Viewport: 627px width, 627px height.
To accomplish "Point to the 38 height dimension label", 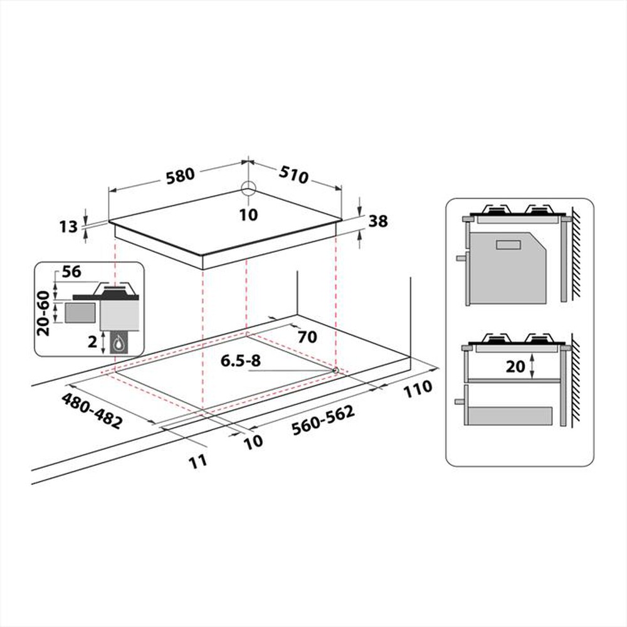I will click(379, 221).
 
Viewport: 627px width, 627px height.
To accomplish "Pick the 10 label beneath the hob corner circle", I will click(249, 215).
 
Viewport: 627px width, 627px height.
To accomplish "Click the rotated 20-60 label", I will click(43, 312).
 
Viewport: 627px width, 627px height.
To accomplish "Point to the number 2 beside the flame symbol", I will click(92, 342).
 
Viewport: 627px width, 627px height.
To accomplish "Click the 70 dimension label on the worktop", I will click(307, 337).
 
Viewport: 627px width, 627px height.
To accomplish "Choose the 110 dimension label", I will click(416, 388).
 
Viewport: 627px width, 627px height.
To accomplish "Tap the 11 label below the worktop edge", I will click(198, 461).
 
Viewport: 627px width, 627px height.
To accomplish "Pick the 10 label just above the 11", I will click(253, 441).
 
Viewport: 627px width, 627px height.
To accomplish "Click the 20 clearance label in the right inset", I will click(515, 366).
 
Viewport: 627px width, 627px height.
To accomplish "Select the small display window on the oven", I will click(508, 245).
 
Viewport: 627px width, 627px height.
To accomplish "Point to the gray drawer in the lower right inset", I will click(511, 415).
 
